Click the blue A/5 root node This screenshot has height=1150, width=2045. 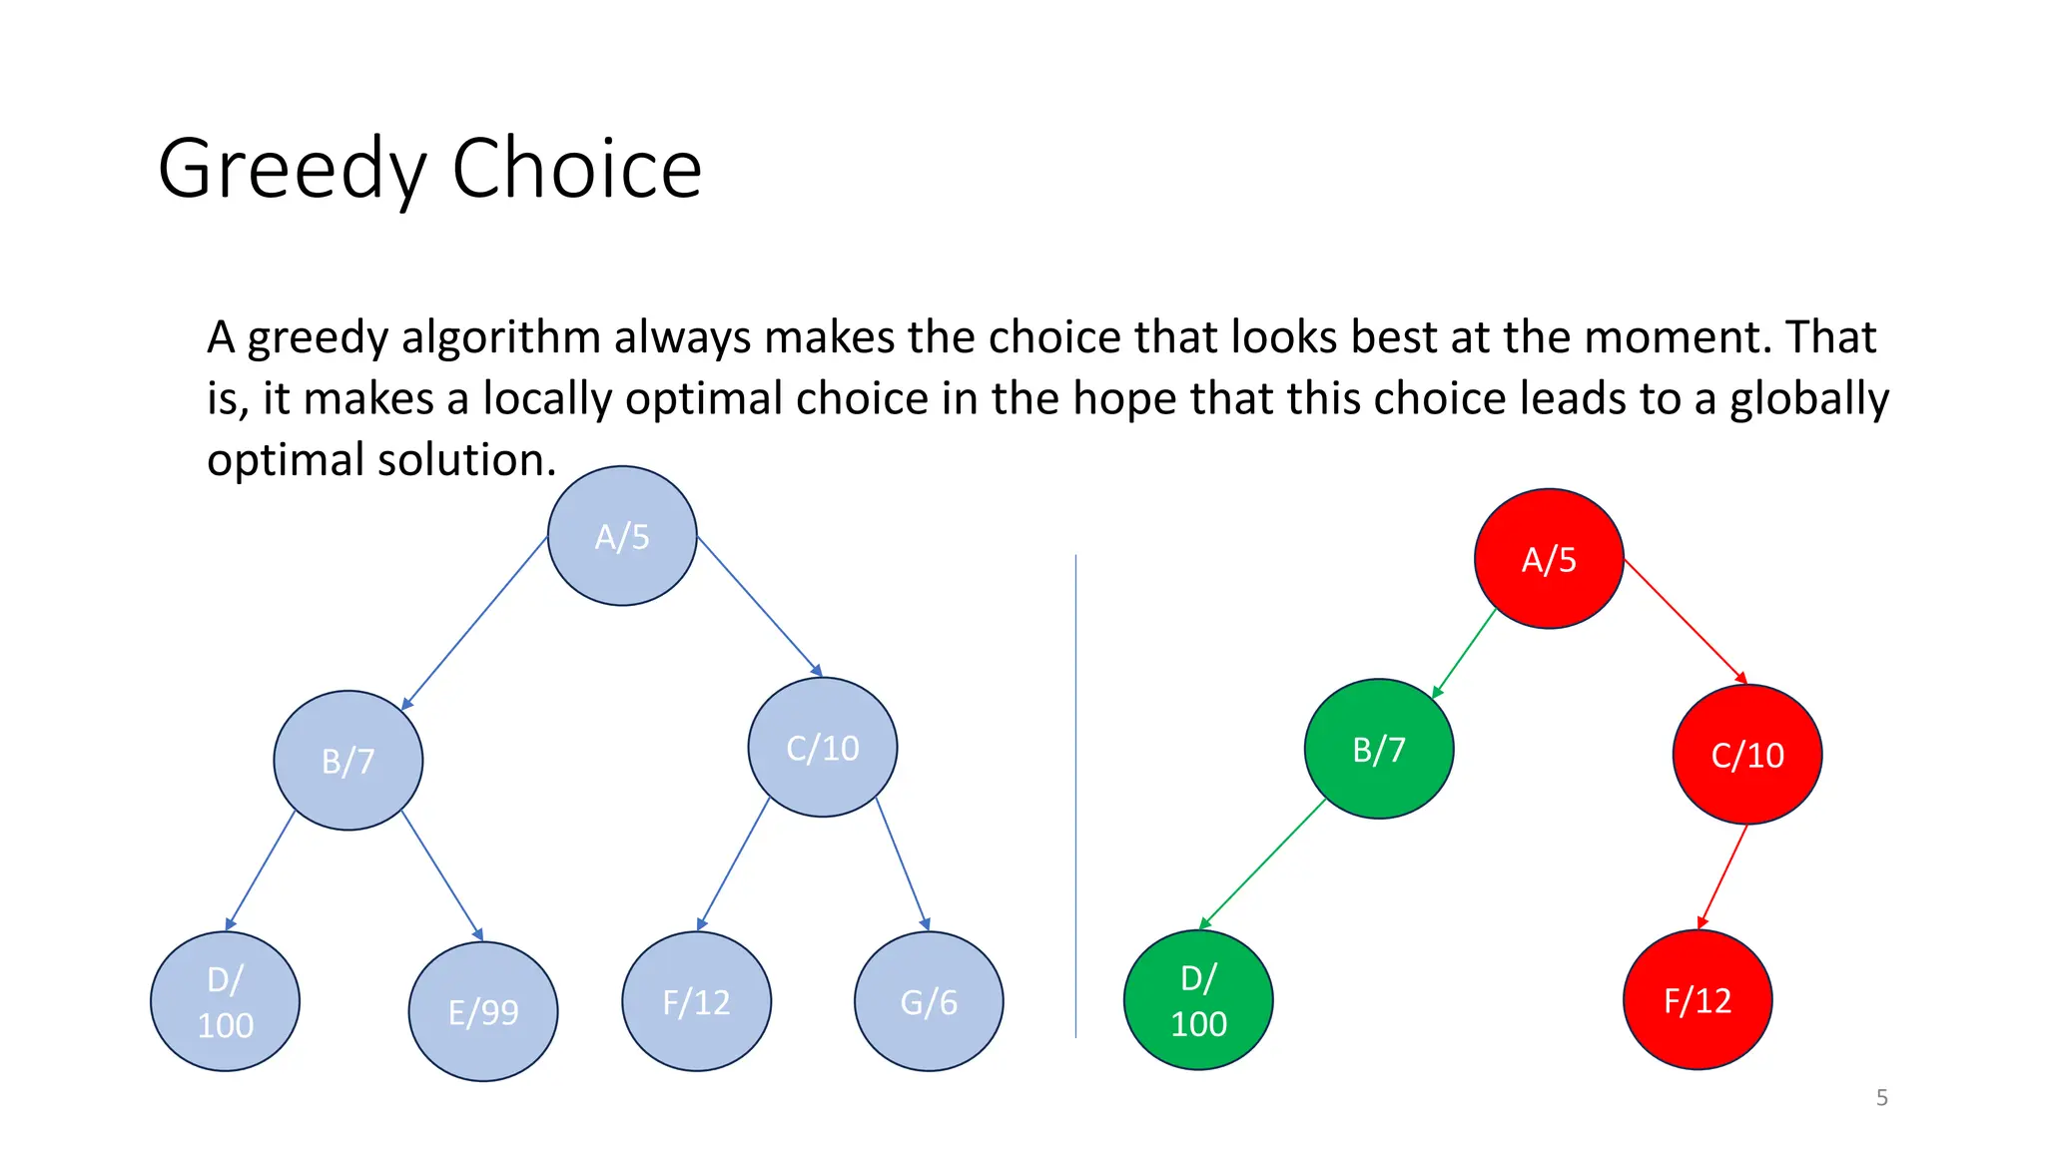[622, 536]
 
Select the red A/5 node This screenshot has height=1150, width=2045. [1549, 559]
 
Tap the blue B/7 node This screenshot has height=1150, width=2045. [347, 761]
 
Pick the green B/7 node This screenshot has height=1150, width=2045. [1379, 749]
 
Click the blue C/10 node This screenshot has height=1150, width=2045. [823, 748]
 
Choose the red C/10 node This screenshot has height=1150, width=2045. [1747, 755]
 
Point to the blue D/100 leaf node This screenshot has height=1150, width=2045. [225, 1001]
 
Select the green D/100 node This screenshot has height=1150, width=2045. [1198, 1000]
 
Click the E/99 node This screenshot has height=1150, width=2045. [483, 1011]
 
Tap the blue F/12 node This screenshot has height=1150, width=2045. [696, 1001]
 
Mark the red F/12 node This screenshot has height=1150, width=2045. [1698, 1000]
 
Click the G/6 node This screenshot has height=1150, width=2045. [929, 1001]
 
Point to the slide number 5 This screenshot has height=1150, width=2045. [1881, 1098]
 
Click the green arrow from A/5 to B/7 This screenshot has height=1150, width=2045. [1464, 653]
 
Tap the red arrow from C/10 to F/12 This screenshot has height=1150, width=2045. [1723, 875]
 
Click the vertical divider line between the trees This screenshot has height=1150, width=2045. [1075, 799]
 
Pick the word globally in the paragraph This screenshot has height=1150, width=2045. [1808, 399]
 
